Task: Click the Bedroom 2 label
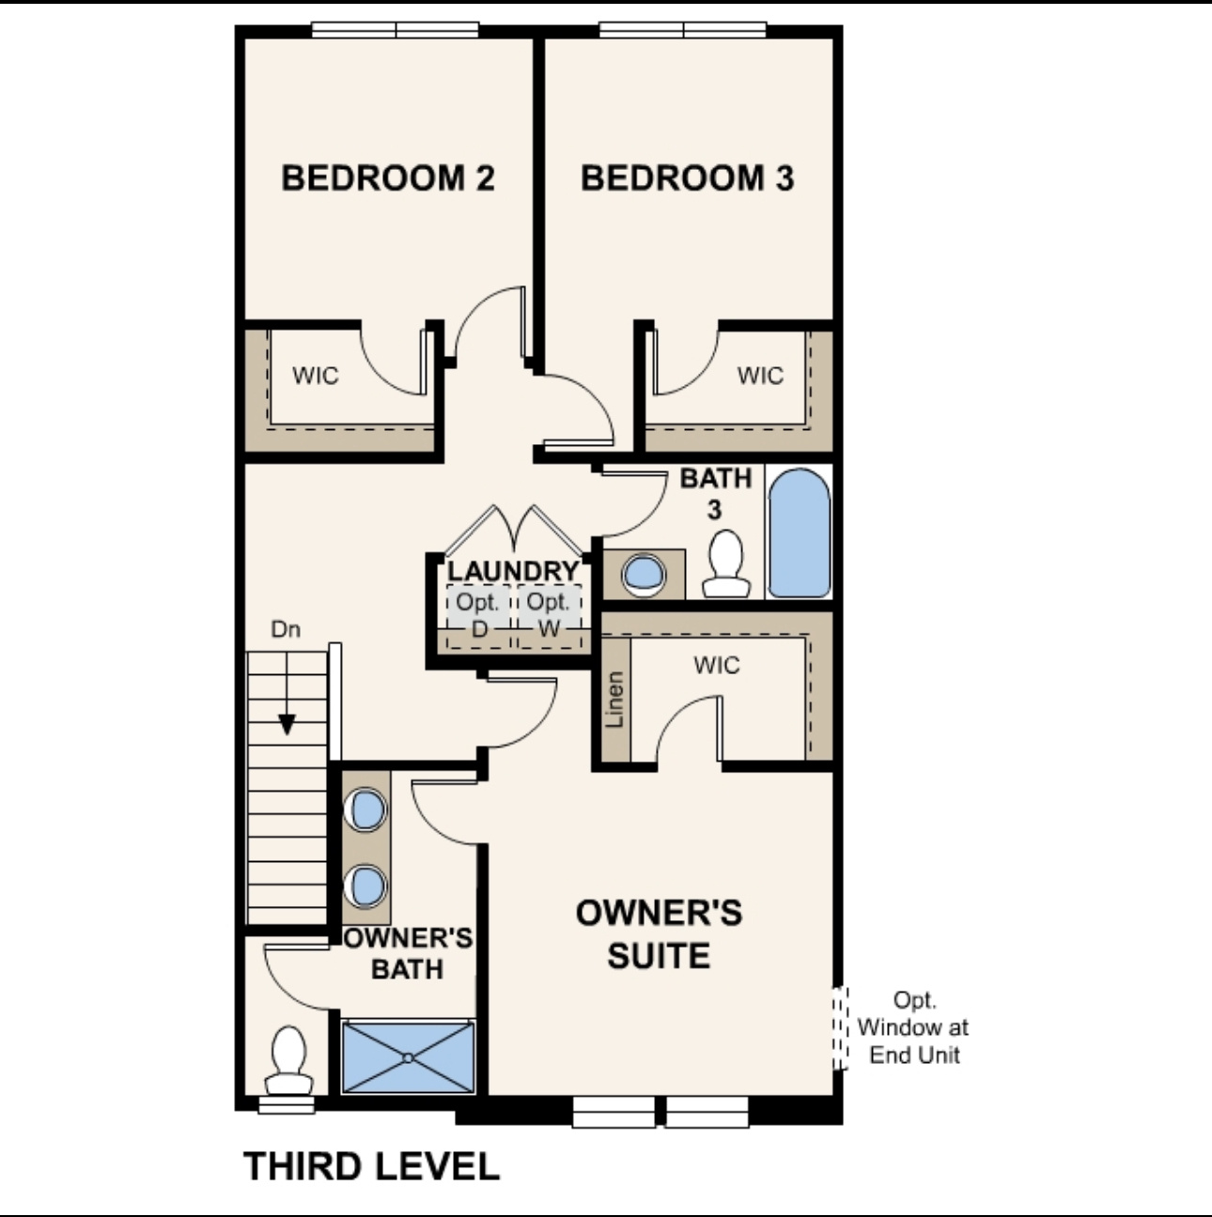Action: coord(387,177)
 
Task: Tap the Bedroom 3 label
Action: coord(687,177)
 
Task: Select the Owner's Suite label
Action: coord(659,934)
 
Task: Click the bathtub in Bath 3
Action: coord(799,532)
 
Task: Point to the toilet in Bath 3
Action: coord(726,564)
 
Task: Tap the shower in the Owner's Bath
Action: coord(408,1056)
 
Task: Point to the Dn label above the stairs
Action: coord(286,629)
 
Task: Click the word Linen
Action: coord(615,700)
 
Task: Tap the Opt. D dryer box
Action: coord(478,615)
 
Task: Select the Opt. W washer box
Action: coord(549,615)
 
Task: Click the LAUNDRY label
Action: coord(513,571)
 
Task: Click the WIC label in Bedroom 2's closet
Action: coord(315,376)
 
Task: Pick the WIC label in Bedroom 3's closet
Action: coord(760,376)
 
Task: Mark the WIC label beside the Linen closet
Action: coord(717,666)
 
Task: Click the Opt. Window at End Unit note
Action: coord(913,1027)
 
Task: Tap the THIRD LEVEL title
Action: coord(372,1166)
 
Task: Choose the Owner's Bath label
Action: coord(408,953)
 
